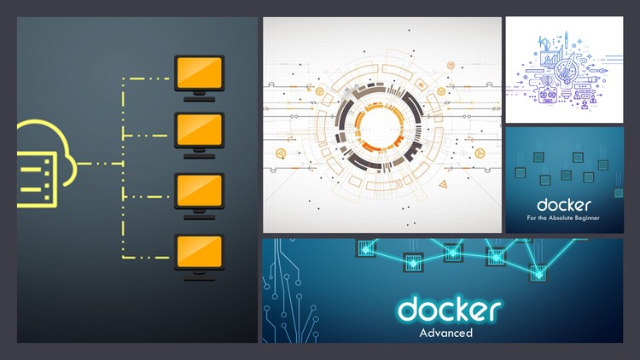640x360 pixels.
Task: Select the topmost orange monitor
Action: (x=199, y=73)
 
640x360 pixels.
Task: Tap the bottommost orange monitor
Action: (x=199, y=252)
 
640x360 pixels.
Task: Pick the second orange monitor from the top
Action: (x=199, y=131)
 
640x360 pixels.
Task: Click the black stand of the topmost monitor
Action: (x=199, y=95)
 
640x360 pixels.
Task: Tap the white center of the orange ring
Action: (x=381, y=125)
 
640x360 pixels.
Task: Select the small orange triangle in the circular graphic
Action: (x=442, y=184)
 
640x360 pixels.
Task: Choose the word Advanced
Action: (x=445, y=333)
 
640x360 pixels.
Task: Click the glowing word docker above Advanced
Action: (x=449, y=308)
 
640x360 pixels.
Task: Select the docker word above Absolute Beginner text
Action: (x=564, y=205)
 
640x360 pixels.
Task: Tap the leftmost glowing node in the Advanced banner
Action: (x=368, y=248)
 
